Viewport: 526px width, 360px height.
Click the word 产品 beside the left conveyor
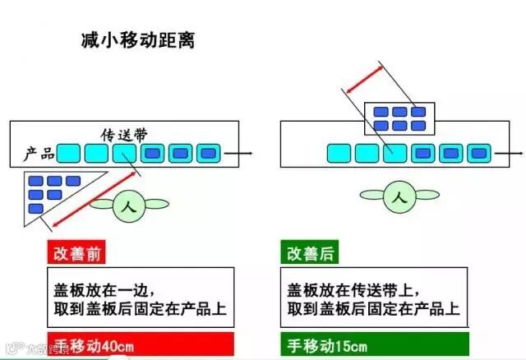pos(39,153)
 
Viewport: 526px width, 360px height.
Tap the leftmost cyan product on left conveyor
pos(69,153)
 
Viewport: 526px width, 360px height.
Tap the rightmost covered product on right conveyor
pos(478,153)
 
